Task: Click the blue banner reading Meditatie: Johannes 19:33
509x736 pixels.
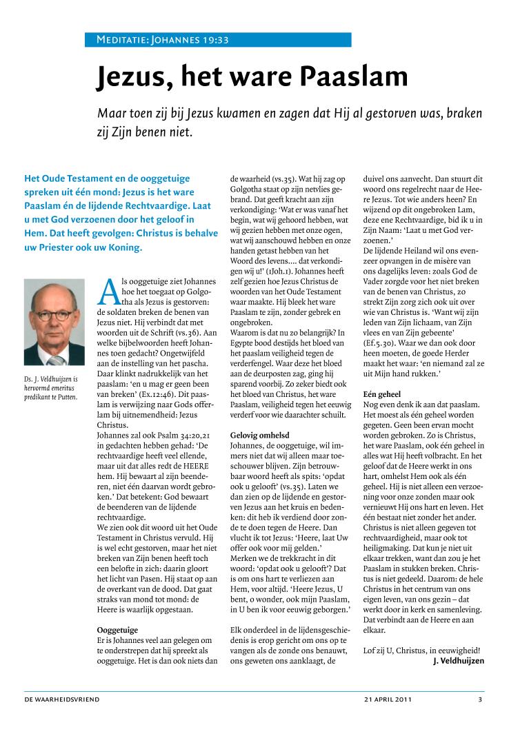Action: [218, 40]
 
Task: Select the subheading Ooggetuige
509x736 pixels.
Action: [117, 629]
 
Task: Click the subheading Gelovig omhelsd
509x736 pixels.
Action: [259, 435]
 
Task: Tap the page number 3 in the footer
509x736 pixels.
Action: [480, 699]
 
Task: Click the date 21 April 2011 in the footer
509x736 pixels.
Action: [388, 699]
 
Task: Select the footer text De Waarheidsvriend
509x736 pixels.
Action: [62, 699]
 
